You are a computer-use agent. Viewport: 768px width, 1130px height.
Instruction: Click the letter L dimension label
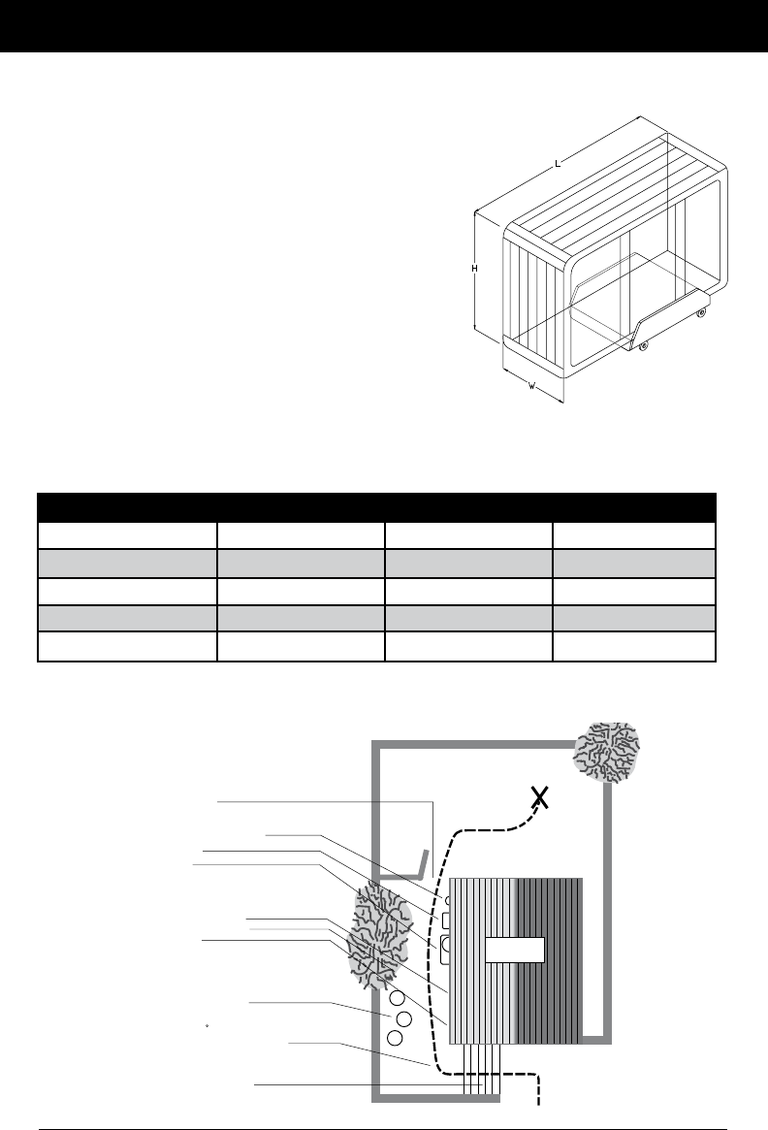558,165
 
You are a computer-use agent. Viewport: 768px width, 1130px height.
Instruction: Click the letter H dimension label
475,269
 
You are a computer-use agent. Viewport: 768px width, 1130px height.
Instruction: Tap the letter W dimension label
532,387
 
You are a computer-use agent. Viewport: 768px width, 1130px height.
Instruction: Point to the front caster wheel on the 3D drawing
643,345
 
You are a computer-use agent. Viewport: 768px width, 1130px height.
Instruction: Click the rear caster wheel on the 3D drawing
700,312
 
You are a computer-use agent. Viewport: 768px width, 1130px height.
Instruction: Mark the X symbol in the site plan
541,798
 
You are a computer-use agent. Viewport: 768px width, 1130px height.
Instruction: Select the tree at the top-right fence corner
609,753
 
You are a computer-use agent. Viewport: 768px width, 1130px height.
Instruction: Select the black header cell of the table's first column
126,507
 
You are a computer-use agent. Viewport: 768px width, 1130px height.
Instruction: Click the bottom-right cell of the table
633,647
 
